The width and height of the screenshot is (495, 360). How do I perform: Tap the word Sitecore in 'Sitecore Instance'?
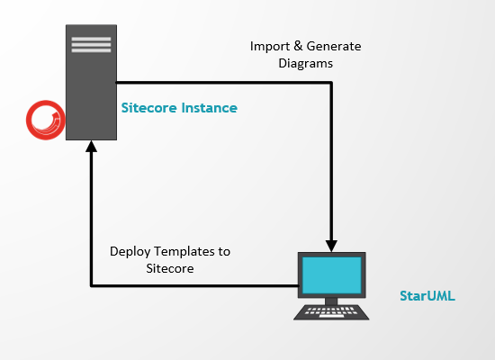coord(149,108)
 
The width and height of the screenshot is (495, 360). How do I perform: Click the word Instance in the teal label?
coord(210,108)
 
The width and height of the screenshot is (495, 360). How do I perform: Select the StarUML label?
coord(427,296)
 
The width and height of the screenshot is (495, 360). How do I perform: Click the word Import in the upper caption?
coord(270,47)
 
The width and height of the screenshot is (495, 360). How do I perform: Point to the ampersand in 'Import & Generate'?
coord(298,46)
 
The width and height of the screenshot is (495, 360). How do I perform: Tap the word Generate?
coord(334,46)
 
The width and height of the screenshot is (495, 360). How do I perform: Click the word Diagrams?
coord(306,64)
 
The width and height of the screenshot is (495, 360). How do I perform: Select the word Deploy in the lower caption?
coord(130,252)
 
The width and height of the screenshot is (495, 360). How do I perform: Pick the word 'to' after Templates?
coord(224,252)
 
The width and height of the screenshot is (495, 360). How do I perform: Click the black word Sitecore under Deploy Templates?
coord(170,268)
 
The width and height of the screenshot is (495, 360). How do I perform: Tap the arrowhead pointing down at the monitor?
coord(331,246)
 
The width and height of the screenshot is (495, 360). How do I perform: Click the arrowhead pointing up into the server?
coord(91,146)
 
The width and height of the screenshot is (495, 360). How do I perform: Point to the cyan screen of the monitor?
coord(331,275)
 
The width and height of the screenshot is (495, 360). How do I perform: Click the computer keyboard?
coord(331,312)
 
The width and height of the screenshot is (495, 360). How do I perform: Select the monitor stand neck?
coord(331,301)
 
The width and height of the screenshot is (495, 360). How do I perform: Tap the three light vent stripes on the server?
coord(91,44)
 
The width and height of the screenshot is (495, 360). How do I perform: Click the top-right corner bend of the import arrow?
coord(331,83)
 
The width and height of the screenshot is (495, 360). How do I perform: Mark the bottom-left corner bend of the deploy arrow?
coord(91,286)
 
